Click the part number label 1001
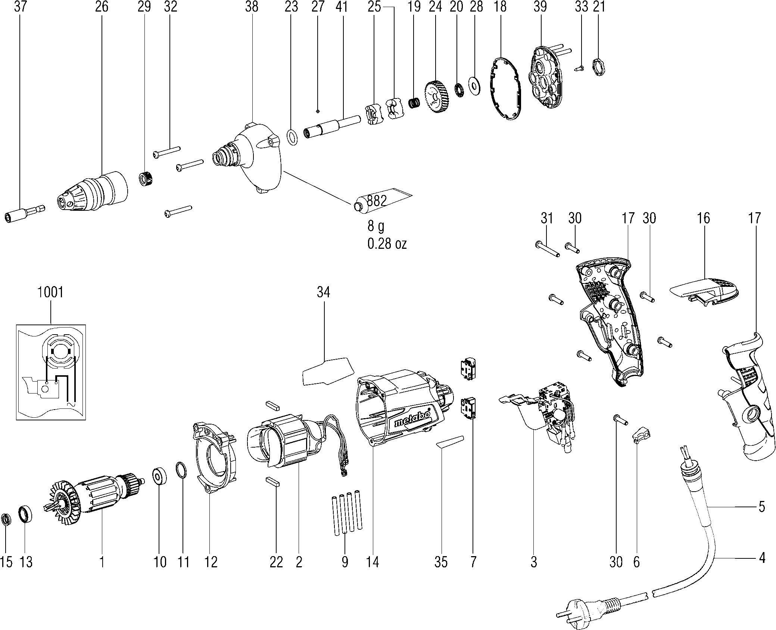(51, 292)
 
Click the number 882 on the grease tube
(377, 201)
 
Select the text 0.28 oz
(387, 244)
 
